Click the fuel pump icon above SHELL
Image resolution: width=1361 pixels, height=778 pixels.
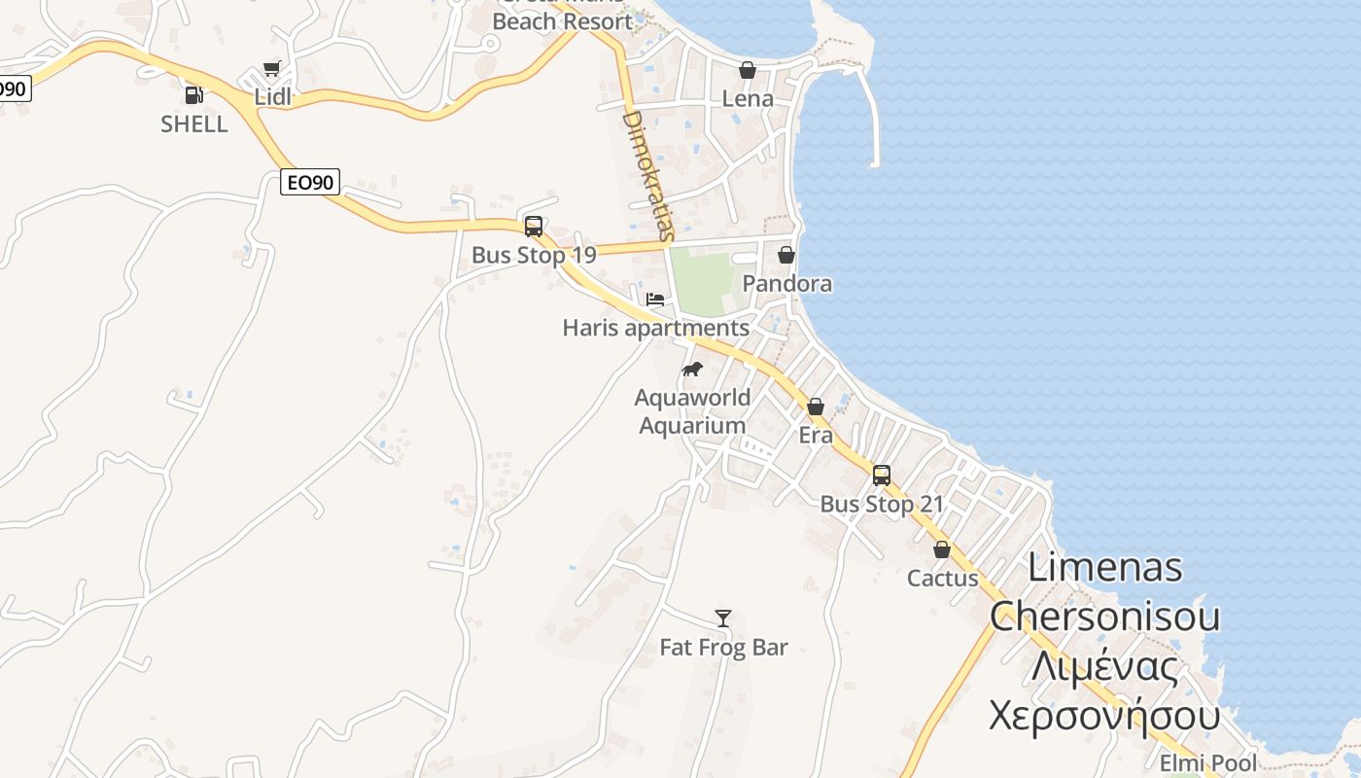194,95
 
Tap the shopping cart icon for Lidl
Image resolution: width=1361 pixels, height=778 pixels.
272,69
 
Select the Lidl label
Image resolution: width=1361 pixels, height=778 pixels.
273,97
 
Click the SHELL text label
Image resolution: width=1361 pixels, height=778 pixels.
194,124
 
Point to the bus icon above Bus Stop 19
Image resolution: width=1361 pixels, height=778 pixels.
533,227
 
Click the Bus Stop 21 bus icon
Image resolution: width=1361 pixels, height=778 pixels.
882,476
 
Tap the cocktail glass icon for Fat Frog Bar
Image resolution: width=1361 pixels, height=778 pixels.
723,619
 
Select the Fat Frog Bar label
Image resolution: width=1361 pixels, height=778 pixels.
723,648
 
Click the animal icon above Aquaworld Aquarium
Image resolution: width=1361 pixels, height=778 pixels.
692,369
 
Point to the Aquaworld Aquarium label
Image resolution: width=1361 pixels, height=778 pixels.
693,411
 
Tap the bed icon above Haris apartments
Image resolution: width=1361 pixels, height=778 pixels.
655,299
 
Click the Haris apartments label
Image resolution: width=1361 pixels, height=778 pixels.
656,328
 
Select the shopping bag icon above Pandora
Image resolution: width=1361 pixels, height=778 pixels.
786,255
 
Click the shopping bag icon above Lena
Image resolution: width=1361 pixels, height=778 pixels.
748,70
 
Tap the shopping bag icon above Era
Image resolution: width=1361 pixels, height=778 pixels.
816,407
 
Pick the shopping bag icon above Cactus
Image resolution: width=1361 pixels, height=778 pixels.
942,549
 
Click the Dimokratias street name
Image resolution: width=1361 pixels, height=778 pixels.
646,175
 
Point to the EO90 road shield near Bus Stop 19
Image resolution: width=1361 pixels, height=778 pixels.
309,182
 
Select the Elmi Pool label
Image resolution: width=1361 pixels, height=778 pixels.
1208,763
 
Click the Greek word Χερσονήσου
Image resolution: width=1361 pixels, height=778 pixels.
1104,717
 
